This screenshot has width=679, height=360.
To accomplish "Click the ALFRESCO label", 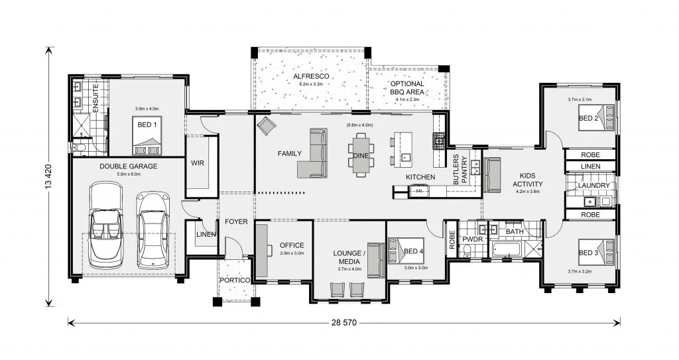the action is [311, 76].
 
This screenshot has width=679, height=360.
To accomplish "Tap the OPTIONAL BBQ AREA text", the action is [407, 88].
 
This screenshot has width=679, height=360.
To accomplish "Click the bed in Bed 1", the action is [147, 136].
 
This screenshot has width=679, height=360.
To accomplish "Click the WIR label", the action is [198, 163].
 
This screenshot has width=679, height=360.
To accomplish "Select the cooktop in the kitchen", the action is [439, 141].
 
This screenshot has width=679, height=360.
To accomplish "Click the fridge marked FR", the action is [419, 191].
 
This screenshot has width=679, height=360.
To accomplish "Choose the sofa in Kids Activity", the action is [493, 175].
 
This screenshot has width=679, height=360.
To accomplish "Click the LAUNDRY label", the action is [593, 186].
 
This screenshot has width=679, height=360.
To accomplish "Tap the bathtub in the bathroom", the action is [507, 249].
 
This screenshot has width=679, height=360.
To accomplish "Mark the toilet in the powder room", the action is [466, 251].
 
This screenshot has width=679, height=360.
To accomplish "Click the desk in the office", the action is [261, 251].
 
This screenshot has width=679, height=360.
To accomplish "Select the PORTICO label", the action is [235, 280].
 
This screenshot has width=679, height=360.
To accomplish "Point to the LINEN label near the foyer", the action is [206, 235].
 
